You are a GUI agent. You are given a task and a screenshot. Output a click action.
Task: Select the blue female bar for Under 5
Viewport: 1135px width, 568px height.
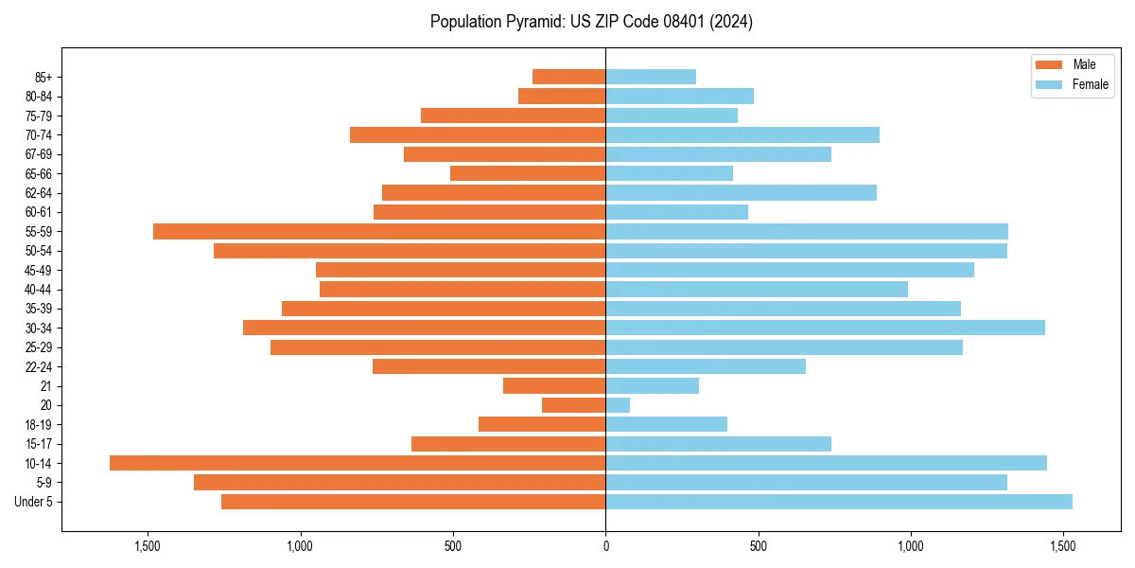(x=839, y=502)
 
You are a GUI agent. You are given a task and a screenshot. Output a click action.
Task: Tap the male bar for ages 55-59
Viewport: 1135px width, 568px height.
(x=379, y=231)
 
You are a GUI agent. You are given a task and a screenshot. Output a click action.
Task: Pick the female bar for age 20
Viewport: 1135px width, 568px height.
(x=618, y=405)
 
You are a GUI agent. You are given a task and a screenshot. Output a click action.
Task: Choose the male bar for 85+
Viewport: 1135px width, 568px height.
(x=568, y=77)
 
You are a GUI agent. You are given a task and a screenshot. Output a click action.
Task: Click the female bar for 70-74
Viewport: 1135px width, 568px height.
(x=742, y=134)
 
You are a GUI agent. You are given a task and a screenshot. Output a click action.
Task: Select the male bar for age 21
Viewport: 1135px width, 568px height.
(x=554, y=385)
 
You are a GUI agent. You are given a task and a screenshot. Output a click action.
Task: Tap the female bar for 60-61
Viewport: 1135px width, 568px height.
(x=676, y=212)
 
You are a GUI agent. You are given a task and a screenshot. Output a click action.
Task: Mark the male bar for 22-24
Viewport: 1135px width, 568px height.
(x=489, y=366)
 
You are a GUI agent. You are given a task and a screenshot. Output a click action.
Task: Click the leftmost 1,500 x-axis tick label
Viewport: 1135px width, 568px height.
(x=148, y=546)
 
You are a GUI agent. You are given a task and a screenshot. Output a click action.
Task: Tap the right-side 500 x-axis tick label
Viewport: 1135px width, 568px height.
(x=758, y=546)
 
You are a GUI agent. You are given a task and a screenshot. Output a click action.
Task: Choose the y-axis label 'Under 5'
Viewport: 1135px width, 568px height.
(x=33, y=502)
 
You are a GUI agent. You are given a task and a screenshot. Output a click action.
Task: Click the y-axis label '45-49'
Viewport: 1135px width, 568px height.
(x=39, y=270)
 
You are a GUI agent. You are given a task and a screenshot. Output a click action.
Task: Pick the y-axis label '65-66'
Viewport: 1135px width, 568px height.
(x=39, y=173)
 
